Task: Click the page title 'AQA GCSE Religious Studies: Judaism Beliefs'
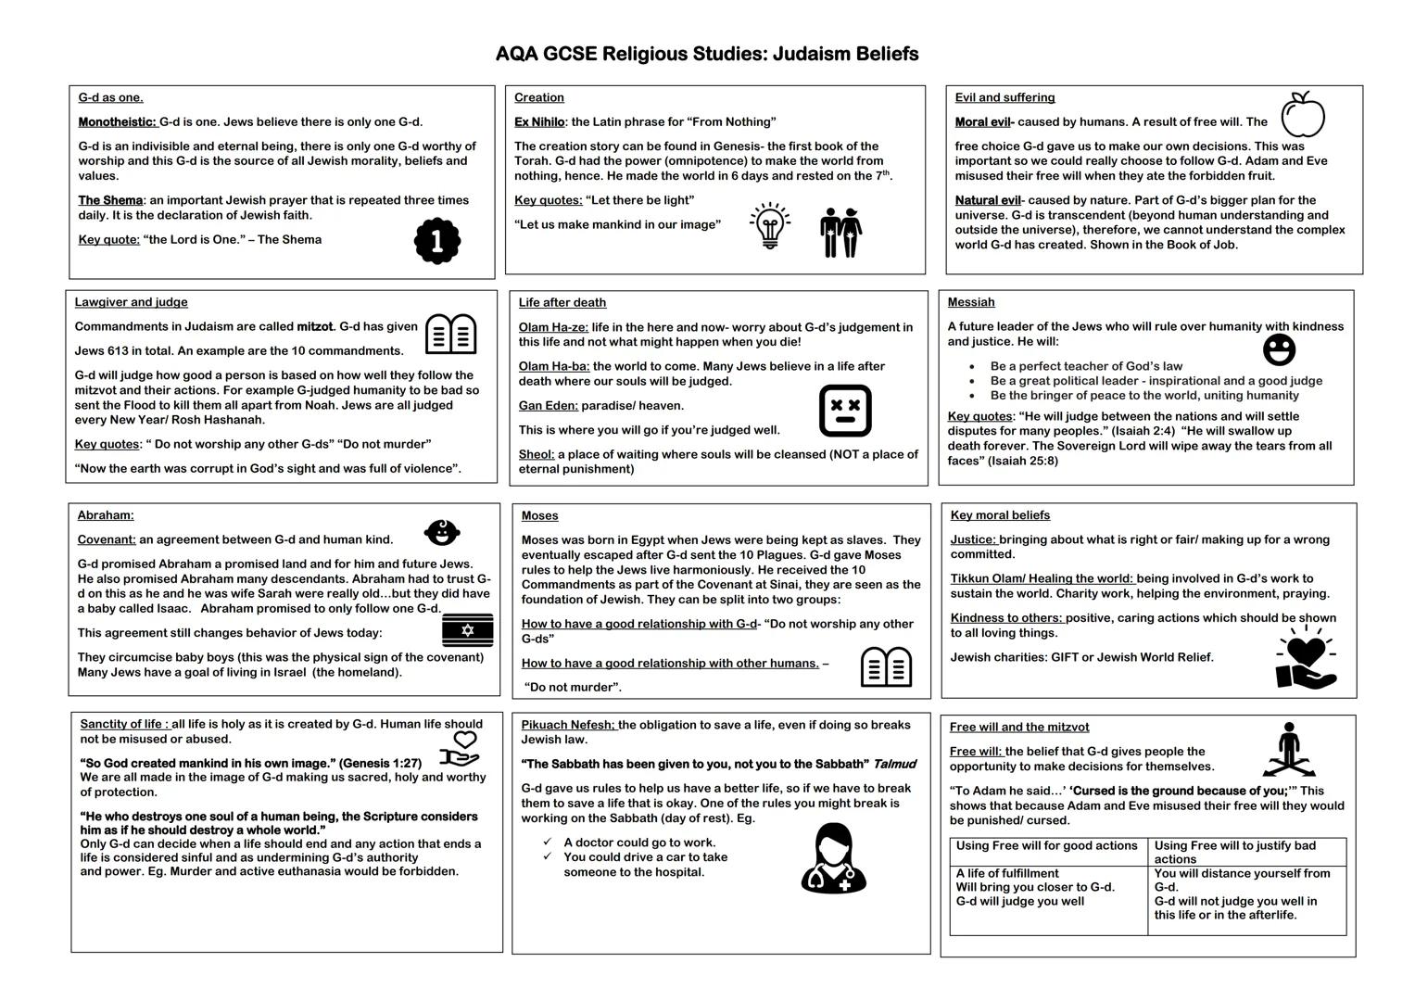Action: [x=707, y=54]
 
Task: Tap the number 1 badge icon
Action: [x=436, y=241]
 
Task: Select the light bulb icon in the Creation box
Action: [x=769, y=226]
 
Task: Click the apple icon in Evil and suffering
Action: [x=1302, y=114]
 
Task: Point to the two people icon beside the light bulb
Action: [x=840, y=232]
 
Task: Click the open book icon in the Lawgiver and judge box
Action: [x=450, y=334]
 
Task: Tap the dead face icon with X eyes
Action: [x=845, y=411]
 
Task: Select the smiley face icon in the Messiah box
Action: [x=1279, y=349]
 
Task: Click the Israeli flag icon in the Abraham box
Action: [x=467, y=630]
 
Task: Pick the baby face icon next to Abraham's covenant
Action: [x=442, y=532]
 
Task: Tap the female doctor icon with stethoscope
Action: [x=833, y=858]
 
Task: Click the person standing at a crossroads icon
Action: [x=1288, y=750]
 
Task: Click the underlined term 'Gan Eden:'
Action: [x=549, y=405]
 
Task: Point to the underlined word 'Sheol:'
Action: [x=537, y=454]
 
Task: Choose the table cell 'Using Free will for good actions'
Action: [x=1046, y=845]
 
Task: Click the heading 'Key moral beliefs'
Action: [x=1000, y=515]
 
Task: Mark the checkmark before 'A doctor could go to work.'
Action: [x=548, y=842]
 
